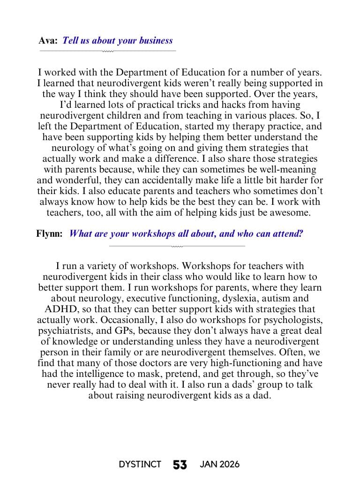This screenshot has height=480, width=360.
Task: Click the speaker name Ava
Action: tap(48, 41)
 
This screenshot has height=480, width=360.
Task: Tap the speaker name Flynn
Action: tap(49, 233)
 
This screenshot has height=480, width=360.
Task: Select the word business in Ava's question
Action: tap(156, 41)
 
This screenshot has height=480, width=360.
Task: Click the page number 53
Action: tap(180, 465)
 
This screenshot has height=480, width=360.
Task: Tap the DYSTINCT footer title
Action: tap(140, 465)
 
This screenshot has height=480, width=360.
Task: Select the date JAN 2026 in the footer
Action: tap(219, 465)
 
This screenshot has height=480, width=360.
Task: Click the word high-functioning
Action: tap(250, 363)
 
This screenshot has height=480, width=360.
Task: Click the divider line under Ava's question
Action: tap(108, 51)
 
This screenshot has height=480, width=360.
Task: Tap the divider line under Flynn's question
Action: tap(177, 246)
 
